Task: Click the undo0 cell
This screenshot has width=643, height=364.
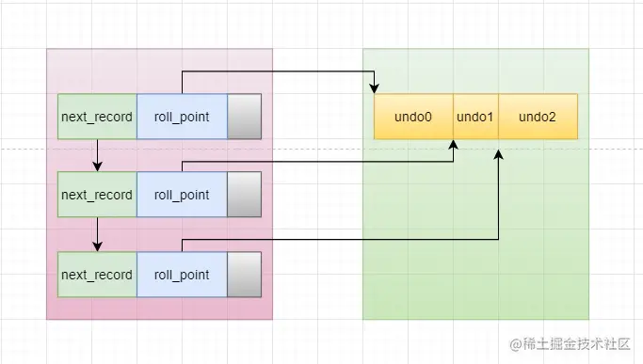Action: (413, 118)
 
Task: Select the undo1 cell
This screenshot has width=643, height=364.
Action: (475, 118)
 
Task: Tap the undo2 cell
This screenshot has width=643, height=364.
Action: (538, 118)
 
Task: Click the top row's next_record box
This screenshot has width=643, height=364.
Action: (97, 118)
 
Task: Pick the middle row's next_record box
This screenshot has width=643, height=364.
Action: (97, 196)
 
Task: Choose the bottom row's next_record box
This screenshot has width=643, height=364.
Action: (97, 275)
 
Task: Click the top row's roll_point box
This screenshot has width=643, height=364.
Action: (182, 118)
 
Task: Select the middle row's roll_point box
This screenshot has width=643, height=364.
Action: (182, 196)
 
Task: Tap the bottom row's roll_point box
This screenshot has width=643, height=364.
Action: (182, 275)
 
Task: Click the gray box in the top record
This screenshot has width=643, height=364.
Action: (244, 118)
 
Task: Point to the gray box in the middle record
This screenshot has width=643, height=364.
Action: (244, 196)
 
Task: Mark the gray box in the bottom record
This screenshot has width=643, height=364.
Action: (244, 275)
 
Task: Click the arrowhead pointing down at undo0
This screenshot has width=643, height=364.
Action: (375, 89)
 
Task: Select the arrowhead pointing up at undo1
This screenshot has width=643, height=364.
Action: (454, 146)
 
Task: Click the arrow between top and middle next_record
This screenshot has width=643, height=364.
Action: (97, 156)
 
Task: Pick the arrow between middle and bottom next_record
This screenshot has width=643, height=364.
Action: (97, 235)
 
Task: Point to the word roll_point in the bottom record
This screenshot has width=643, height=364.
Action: (182, 275)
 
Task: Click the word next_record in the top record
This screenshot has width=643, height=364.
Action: (97, 118)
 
